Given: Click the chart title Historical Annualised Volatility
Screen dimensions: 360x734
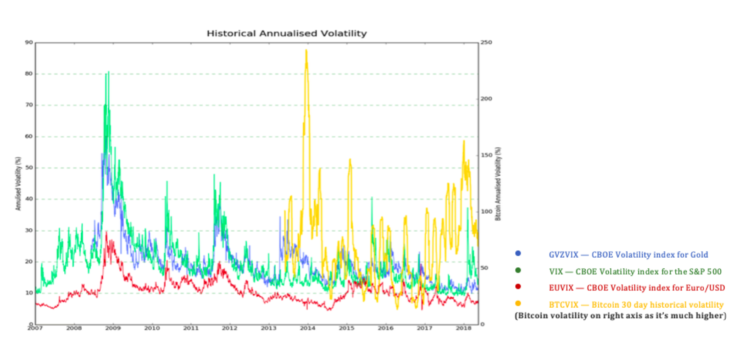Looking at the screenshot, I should (287, 33).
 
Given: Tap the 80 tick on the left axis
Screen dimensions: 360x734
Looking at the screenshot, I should (29, 73).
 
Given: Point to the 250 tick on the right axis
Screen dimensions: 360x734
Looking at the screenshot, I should (486, 42).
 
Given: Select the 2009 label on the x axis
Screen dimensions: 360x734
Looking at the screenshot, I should (113, 328).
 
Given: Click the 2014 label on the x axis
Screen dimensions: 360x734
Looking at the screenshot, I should (307, 328).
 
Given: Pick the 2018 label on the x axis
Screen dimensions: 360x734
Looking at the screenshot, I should (463, 328).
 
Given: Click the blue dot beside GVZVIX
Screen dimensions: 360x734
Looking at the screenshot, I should (518, 253).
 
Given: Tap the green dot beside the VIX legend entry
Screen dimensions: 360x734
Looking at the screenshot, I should (518, 270).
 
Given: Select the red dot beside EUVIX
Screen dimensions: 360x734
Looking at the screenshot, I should (518, 287).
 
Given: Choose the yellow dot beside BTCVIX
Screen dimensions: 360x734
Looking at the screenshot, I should (518, 303).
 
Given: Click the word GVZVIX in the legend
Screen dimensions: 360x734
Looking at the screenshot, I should (563, 255).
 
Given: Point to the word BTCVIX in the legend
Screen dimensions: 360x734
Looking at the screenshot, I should (563, 305).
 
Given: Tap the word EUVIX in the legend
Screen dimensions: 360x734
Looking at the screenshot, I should (561, 288).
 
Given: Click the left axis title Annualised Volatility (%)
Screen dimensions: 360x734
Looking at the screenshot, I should (18, 183).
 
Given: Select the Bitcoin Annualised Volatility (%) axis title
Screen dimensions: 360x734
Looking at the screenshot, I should (498, 183).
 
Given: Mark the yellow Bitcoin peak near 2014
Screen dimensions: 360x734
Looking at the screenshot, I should (306, 50).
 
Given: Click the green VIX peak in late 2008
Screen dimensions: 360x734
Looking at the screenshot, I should (108, 72).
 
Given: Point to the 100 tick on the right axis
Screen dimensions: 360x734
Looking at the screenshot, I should (486, 211).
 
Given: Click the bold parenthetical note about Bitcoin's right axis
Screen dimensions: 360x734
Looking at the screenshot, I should (620, 316).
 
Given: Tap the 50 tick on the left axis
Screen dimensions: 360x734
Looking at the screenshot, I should (29, 168).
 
